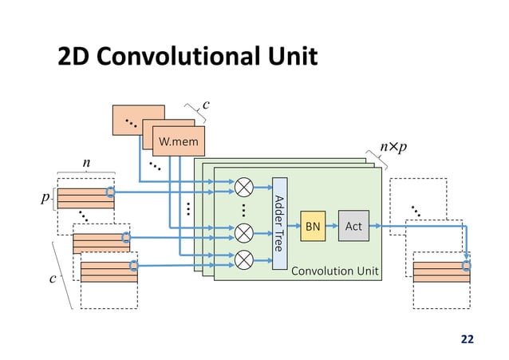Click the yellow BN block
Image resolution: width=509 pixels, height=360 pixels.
[x=312, y=227]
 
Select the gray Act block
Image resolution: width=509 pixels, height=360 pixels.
[x=353, y=227]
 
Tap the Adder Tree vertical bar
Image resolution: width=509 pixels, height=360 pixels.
[x=278, y=223]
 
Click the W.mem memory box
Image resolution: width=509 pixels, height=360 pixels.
[x=178, y=143]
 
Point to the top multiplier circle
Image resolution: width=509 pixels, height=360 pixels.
[x=243, y=188]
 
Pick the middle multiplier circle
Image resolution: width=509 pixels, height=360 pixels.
[x=243, y=234]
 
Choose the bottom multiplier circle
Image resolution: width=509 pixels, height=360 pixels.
[x=243, y=258]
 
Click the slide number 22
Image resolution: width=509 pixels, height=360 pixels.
[x=467, y=338]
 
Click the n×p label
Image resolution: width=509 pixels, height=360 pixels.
[x=392, y=148]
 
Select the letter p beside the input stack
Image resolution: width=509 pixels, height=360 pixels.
[x=46, y=197]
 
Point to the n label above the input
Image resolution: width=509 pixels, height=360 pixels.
[x=86, y=164]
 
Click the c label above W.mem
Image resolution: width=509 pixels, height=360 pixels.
[x=206, y=105]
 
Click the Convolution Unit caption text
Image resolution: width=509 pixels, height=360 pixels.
[x=334, y=271]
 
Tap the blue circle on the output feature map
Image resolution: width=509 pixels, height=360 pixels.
[x=467, y=266]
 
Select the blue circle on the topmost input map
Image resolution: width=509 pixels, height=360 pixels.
[x=111, y=192]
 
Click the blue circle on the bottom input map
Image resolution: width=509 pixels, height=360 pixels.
[x=134, y=266]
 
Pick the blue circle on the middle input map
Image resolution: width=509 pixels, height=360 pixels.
[x=125, y=237]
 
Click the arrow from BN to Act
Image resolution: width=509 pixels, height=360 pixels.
[x=332, y=227]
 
